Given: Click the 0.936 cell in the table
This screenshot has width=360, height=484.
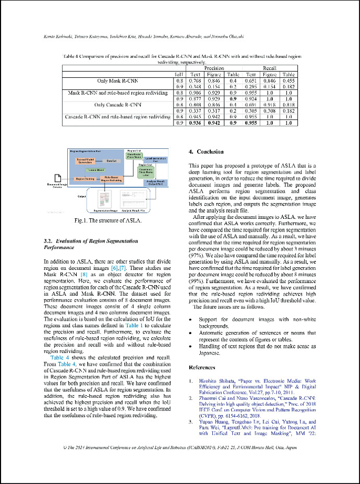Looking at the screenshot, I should pyautogui.click(x=196, y=123).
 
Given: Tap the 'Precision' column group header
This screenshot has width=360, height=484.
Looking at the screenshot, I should pyautogui.click(x=214, y=68).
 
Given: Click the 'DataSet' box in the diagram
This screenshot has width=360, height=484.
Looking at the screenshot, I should pyautogui.click(x=111, y=161).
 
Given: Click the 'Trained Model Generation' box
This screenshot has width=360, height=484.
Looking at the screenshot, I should pyautogui.click(x=86, y=161).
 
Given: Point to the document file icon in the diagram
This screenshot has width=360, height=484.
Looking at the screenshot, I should pyautogui.click(x=59, y=178).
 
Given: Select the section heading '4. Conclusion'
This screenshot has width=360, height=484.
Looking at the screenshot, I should pyautogui.click(x=206, y=152).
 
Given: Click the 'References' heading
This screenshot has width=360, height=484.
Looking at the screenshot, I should pyautogui.click(x=202, y=367).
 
